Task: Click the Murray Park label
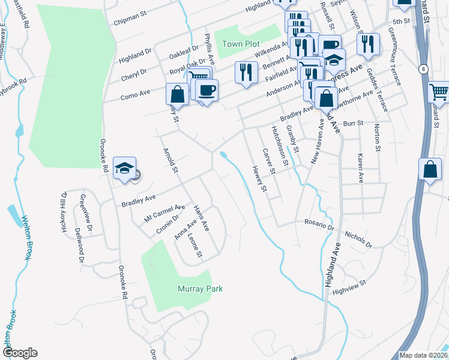(x=200, y=289)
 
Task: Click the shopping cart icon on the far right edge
(x=439, y=92)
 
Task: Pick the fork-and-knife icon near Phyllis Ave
(x=246, y=73)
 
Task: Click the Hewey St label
(x=259, y=179)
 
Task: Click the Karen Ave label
(x=360, y=168)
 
